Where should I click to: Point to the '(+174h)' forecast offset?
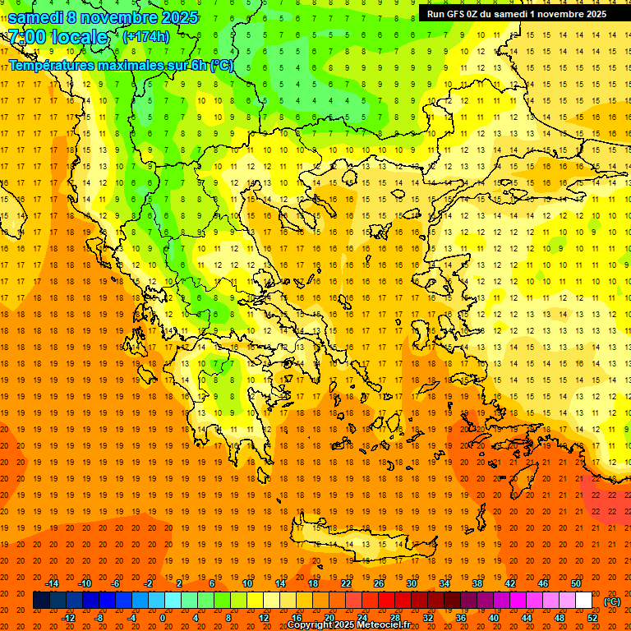click(146, 37)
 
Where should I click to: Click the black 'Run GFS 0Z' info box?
click(517, 13)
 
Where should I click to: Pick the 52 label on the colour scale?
click(592, 618)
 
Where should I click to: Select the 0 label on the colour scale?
click(163, 618)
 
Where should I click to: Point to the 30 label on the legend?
click(412, 583)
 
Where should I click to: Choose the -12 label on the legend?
click(69, 618)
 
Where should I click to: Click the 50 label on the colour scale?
click(576, 583)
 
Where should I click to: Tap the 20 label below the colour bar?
click(329, 618)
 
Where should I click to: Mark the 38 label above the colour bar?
click(477, 583)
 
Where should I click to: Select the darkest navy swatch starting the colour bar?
click(41, 601)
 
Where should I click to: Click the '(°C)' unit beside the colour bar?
click(611, 601)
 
